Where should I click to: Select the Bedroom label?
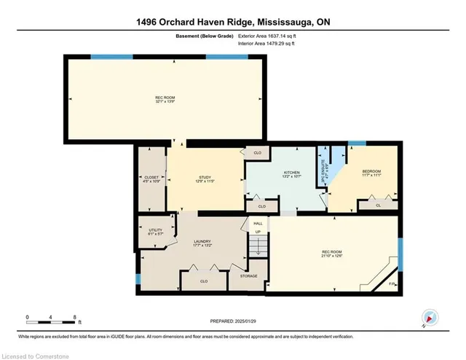(x=370, y=171)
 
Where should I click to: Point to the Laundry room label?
(x=201, y=243)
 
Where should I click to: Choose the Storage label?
(x=248, y=275)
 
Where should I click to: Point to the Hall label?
(x=257, y=223)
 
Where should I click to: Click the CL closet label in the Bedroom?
(x=378, y=206)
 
